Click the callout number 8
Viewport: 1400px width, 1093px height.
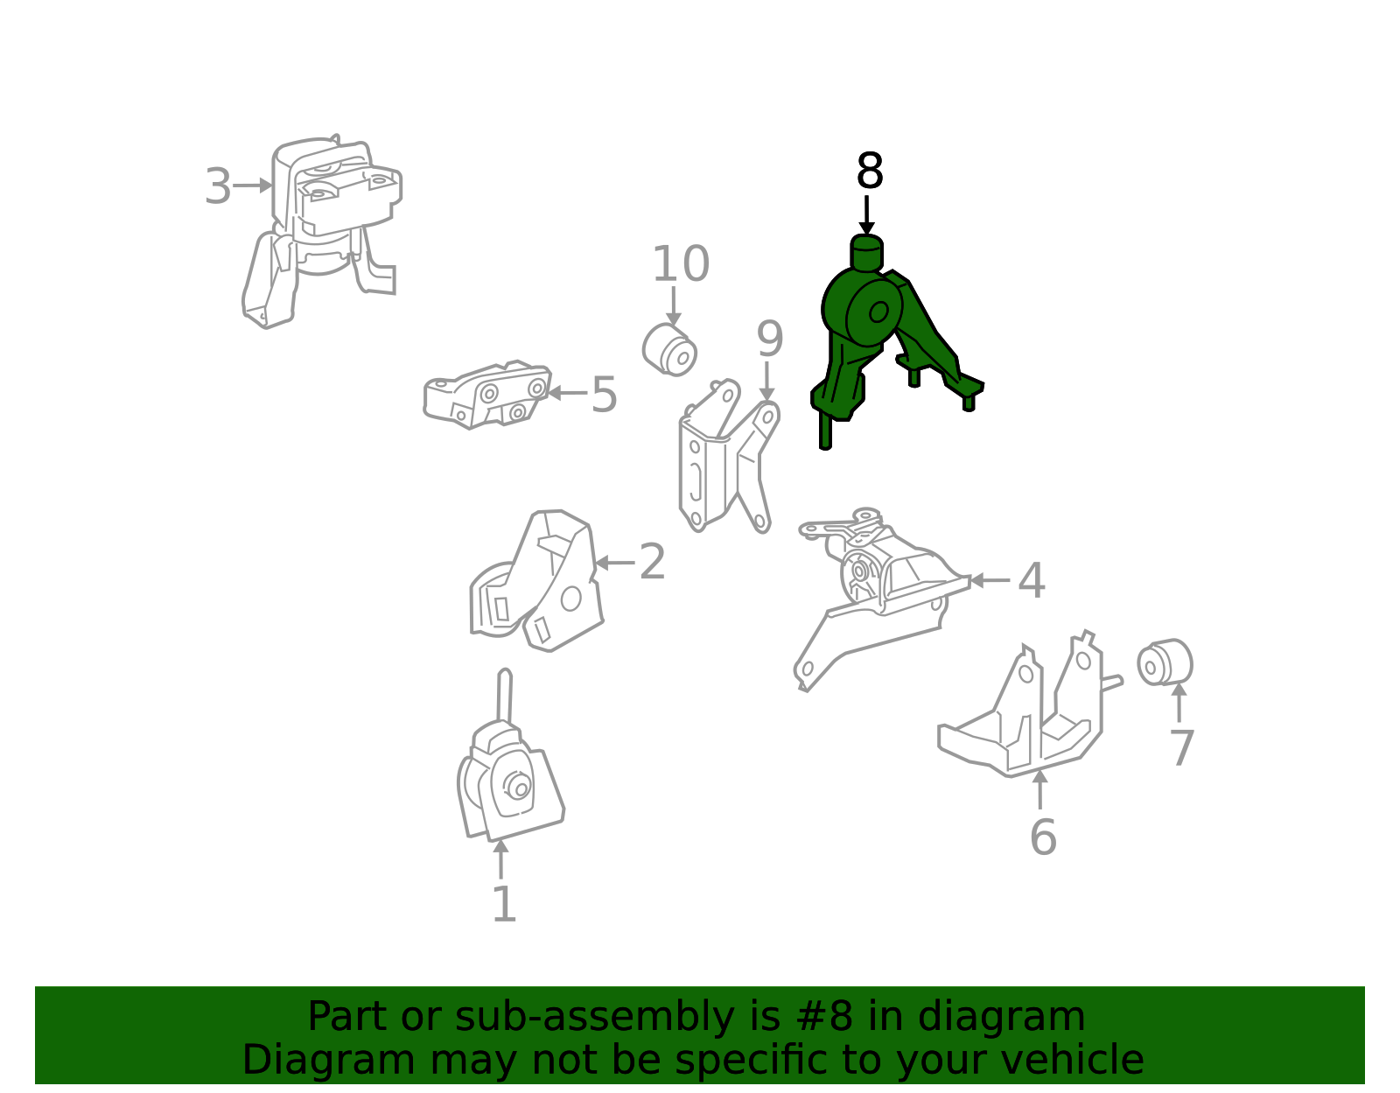[869, 171]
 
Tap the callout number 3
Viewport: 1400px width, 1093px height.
[218, 186]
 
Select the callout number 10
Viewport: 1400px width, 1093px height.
[681, 264]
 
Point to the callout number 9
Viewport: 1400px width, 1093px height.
[770, 339]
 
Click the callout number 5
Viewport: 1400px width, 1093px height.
[605, 395]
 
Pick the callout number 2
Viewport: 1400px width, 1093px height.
[652, 562]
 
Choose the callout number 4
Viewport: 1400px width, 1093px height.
[1032, 580]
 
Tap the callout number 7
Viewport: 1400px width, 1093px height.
[1181, 748]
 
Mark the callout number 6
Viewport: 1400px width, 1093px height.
[1043, 837]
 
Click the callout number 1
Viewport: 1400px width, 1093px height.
[504, 904]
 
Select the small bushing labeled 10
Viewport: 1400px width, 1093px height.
[669, 350]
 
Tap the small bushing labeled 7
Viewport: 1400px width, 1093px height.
[1165, 662]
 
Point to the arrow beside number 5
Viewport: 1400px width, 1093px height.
[567, 392]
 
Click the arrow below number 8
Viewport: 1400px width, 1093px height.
[866, 215]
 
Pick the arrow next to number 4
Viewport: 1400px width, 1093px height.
[990, 580]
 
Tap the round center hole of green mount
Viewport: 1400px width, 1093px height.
[878, 312]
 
